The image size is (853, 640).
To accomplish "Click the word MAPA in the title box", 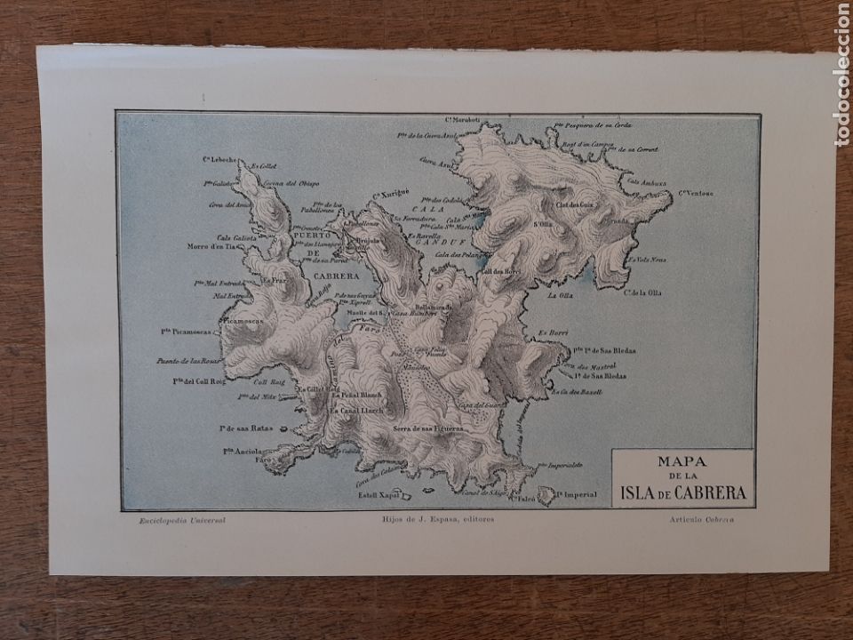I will pos(682,462).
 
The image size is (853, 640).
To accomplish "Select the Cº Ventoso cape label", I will pos(698,193).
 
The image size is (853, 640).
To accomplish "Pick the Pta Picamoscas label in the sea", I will pos(186,330).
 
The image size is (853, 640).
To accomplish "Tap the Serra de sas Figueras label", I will pos(427,429).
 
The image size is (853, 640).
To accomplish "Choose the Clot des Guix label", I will pos(574,205).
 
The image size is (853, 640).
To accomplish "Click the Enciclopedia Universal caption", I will pos(176,519).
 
